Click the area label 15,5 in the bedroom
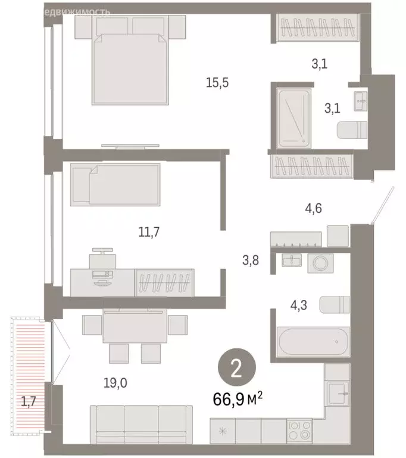click(217, 83)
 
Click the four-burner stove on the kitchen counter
click(299, 429)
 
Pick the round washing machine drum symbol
click(315, 263)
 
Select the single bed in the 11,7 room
click(115, 185)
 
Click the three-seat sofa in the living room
click(138, 422)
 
